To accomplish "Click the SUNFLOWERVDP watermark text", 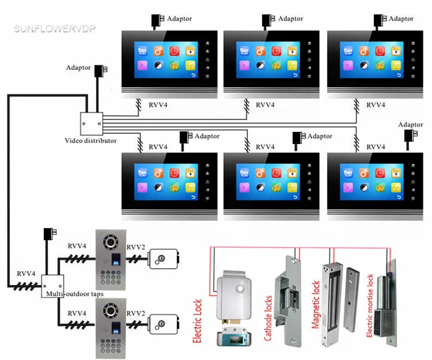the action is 55,29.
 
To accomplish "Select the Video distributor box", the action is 91,124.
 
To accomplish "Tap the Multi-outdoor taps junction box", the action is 53,286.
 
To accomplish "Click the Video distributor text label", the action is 91,140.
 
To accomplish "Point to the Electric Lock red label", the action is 197,321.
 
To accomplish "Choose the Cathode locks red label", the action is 268,318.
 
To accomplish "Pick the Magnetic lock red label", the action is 316,305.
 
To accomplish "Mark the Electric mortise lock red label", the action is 370,305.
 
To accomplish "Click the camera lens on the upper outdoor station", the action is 111,242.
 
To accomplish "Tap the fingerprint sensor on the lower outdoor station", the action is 115,327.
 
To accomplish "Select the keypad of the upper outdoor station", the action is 110,277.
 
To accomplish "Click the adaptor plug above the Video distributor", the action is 100,71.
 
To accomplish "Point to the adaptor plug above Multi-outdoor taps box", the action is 50,234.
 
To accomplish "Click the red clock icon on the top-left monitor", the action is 174,51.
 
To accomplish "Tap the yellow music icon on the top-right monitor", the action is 396,65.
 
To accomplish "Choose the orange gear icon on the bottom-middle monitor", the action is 260,173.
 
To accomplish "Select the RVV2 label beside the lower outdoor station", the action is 136,313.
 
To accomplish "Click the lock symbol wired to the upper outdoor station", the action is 163,259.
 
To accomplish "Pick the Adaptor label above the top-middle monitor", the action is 290,19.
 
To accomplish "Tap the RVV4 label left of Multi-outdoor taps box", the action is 26,274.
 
